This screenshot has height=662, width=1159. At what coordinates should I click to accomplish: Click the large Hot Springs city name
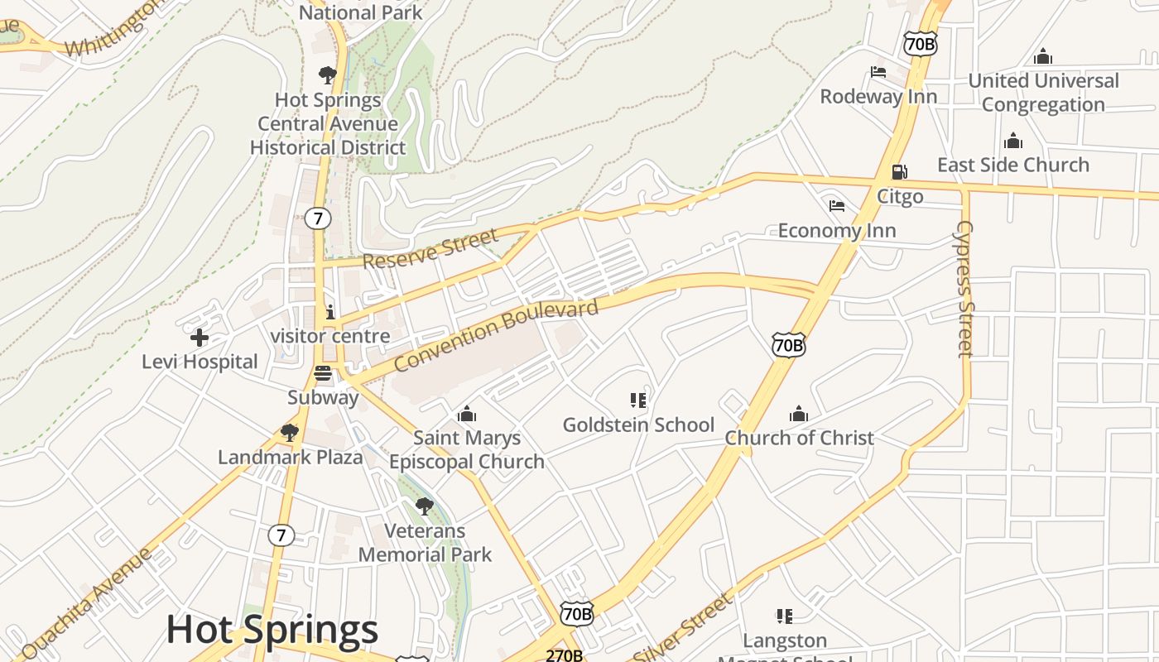point(272,630)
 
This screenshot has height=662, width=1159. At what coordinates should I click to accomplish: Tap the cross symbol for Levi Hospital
point(200,338)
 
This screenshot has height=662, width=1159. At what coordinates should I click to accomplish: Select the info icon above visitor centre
point(330,312)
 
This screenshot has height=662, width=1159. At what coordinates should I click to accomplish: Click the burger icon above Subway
point(323,373)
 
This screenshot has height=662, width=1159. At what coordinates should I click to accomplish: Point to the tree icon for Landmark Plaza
point(289,432)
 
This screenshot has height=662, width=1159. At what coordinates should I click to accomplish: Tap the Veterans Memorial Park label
point(425,543)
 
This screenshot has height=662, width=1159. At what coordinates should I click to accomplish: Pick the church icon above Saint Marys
point(467,413)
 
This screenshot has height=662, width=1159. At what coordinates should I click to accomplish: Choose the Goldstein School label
point(638,425)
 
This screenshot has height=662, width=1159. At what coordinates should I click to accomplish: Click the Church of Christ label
point(799,438)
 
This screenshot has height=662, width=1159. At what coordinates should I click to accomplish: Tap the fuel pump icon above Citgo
point(899,172)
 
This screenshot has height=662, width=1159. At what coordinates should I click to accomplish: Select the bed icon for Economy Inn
point(837,205)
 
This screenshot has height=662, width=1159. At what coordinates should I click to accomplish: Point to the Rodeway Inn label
point(878,96)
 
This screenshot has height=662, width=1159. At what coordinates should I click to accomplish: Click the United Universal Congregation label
point(1043,93)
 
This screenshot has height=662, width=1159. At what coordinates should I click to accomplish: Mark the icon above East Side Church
point(1013,141)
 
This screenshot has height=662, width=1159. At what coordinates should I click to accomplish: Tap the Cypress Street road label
point(964,289)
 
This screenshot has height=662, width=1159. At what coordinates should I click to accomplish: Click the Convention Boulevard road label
point(496,336)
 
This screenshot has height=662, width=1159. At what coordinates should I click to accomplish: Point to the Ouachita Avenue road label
point(88,603)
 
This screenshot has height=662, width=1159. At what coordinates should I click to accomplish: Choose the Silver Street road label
point(684,626)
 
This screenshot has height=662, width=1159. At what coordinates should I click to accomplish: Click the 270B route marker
point(564,655)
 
